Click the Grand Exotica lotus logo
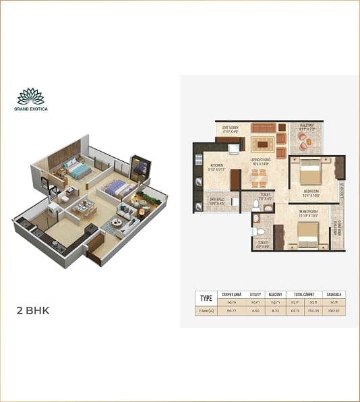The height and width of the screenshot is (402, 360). (x=31, y=96)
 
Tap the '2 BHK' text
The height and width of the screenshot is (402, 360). (x=33, y=311)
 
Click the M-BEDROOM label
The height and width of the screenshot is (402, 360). (x=309, y=210)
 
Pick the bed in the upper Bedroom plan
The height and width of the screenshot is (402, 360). (x=311, y=173)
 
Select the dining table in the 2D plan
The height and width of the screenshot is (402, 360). (x=259, y=178)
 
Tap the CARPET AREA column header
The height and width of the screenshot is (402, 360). (x=232, y=294)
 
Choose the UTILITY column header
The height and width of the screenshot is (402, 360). (x=255, y=294)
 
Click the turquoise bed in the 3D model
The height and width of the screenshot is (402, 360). (x=80, y=171)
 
